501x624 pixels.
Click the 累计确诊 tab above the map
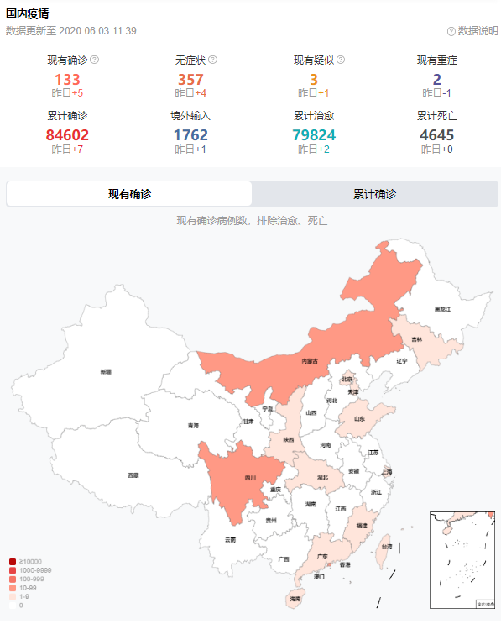coord(374,194)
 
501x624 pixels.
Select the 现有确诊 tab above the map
coord(129,194)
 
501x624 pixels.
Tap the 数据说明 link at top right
coord(472,31)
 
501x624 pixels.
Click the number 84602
coord(67,134)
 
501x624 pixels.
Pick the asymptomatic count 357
coord(190,80)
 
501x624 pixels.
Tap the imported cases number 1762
coord(190,134)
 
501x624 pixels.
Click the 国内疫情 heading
coord(28,13)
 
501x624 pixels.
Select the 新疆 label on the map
coord(105,370)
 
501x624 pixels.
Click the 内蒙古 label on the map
coord(310,361)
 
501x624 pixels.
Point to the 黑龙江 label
coord(443,309)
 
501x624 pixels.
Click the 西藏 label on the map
coord(133,475)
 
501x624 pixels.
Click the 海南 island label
coord(295,599)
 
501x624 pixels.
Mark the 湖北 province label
coord(322,477)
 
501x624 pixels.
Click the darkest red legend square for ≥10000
coord(13,562)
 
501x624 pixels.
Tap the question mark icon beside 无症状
coord(213,60)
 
